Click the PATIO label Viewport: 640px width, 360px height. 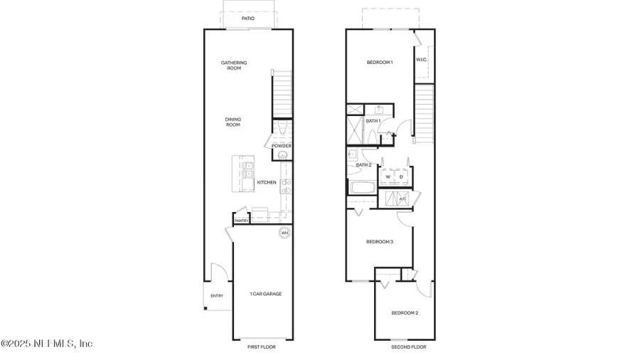pyautogui.click(x=247, y=18)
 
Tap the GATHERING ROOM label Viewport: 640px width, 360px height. pyautogui.click(x=233, y=65)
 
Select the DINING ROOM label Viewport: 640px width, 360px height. pyautogui.click(x=233, y=122)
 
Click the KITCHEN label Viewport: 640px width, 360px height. pyautogui.click(x=267, y=183)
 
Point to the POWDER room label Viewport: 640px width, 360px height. pyautogui.click(x=282, y=146)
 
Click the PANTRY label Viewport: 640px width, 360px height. pyautogui.click(x=240, y=221)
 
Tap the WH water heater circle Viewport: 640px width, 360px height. pyautogui.click(x=284, y=233)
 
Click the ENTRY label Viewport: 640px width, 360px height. pyautogui.click(x=216, y=296)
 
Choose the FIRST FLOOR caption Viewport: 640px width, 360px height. pyautogui.click(x=261, y=346)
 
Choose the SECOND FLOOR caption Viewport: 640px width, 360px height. pyautogui.click(x=409, y=346)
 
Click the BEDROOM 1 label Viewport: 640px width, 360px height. pyautogui.click(x=380, y=63)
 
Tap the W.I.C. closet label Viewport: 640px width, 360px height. pyautogui.click(x=421, y=60)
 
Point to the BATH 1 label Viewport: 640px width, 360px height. pyautogui.click(x=373, y=121)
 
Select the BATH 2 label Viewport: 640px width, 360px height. pyautogui.click(x=363, y=165)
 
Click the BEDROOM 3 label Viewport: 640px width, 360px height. pyautogui.click(x=380, y=242)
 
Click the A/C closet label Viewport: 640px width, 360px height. pyautogui.click(x=402, y=199)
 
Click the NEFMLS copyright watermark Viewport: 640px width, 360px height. pyautogui.click(x=47, y=344)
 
